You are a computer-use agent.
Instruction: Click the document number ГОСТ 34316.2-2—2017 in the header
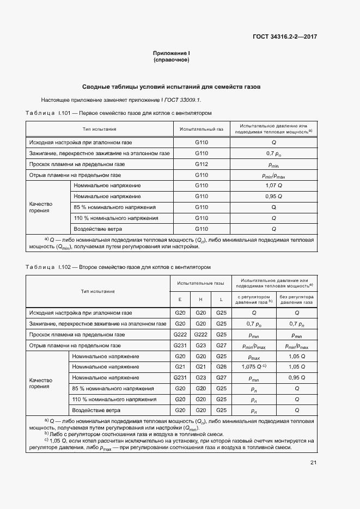285,37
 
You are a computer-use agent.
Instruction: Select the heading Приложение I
171,53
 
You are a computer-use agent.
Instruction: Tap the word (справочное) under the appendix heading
171,60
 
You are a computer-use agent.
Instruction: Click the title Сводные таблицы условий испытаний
171,87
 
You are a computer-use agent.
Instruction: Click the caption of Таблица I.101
118,113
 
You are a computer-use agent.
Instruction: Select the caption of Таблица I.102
118,267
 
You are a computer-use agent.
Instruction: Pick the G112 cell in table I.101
202,164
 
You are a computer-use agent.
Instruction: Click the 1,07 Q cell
273,186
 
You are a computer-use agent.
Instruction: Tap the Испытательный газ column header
202,129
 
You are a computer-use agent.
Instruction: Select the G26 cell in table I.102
221,366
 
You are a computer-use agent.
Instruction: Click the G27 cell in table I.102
221,345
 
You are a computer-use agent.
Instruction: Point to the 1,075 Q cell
253,367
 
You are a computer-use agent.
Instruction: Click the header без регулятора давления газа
297,299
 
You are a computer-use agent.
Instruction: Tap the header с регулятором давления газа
253,299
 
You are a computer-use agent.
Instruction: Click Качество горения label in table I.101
41,207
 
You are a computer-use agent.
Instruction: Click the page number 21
314,463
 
